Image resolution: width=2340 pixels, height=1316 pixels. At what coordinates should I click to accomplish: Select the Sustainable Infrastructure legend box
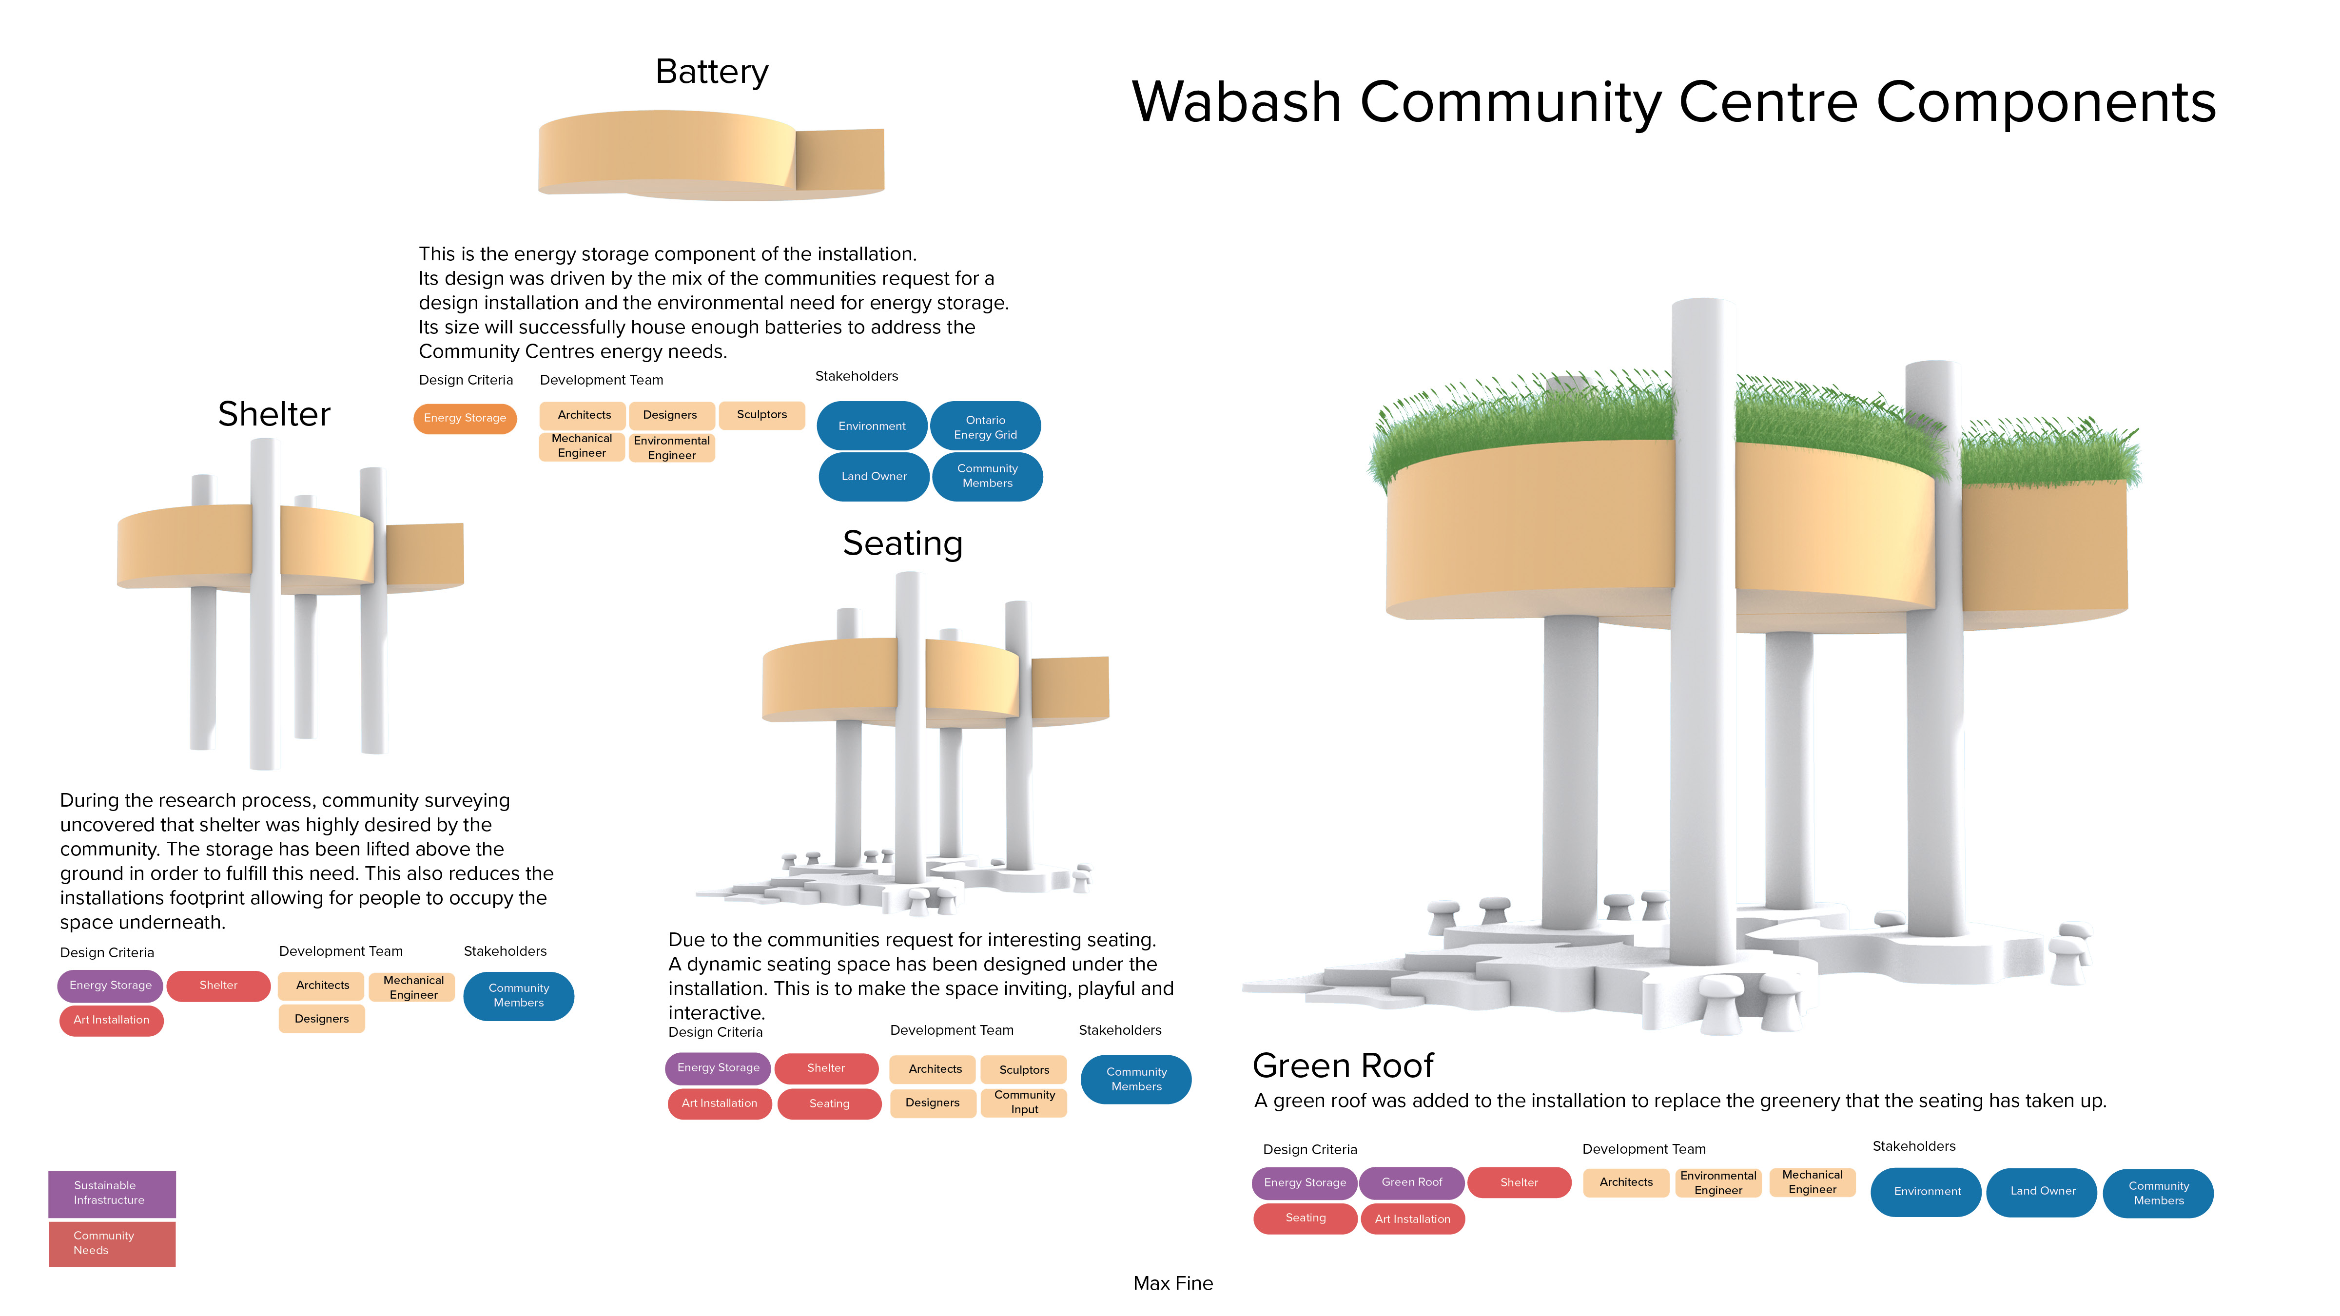111,1193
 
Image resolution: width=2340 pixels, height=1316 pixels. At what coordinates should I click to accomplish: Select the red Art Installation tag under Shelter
111,1020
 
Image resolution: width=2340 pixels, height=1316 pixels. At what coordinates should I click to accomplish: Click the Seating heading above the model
902,543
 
